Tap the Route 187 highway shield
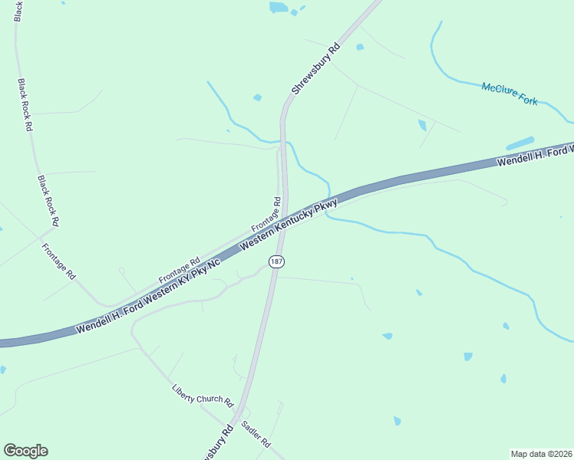click(277, 262)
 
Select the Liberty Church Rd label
click(202, 395)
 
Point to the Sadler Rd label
click(256, 433)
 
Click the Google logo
click(25, 451)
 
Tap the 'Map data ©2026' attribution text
click(541, 454)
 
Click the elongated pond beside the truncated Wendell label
click(520, 143)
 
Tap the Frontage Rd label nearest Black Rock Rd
click(59, 261)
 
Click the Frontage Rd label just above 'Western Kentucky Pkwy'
click(266, 217)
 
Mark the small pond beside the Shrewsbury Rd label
click(257, 97)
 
